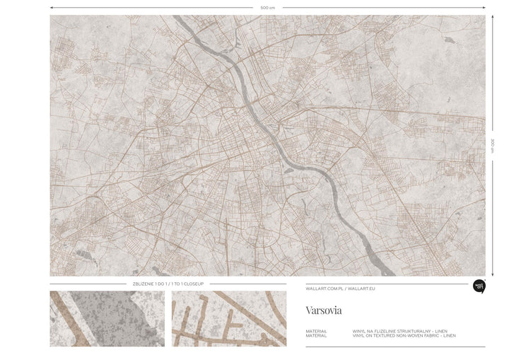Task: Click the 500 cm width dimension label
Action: coord(267,7)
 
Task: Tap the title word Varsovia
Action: coord(323,310)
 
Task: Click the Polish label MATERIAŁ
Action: coord(317,330)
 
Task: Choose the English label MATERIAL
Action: coord(317,335)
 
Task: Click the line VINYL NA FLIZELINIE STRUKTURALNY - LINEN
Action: coord(399,330)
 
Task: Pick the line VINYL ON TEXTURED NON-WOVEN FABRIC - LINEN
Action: coord(404,335)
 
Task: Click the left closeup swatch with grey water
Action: coord(107,318)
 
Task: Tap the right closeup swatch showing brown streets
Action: coord(229,318)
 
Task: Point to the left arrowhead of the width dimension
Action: coord(52,7)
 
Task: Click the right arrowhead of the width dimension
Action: coord(484,7)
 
